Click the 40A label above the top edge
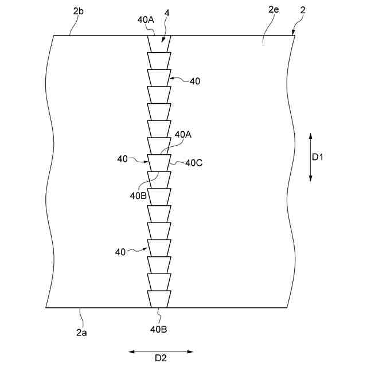[146, 19]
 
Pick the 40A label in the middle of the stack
[183, 134]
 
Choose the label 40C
[193, 163]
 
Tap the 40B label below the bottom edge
[159, 329]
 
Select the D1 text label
[318, 157]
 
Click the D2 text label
[161, 358]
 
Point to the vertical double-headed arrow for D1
[310, 157]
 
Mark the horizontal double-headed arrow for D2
[161, 351]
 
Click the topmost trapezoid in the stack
[159, 44]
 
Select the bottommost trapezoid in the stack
[159, 299]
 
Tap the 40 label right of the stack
[195, 81]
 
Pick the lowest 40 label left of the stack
[120, 252]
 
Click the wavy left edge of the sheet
[50, 172]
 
